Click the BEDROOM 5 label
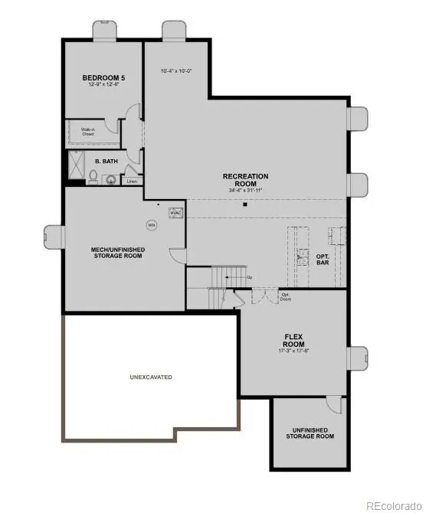click(x=103, y=78)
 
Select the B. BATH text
click(x=105, y=162)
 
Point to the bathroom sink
click(x=111, y=180)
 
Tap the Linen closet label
click(x=133, y=181)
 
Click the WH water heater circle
click(x=151, y=225)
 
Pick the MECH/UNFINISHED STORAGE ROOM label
click(x=118, y=253)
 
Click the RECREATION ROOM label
click(x=245, y=181)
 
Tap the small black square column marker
click(x=245, y=204)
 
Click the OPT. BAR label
click(x=323, y=260)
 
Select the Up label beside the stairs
click(x=249, y=277)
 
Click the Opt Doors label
click(x=286, y=298)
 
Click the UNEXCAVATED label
click(x=151, y=377)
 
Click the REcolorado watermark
click(x=392, y=505)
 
